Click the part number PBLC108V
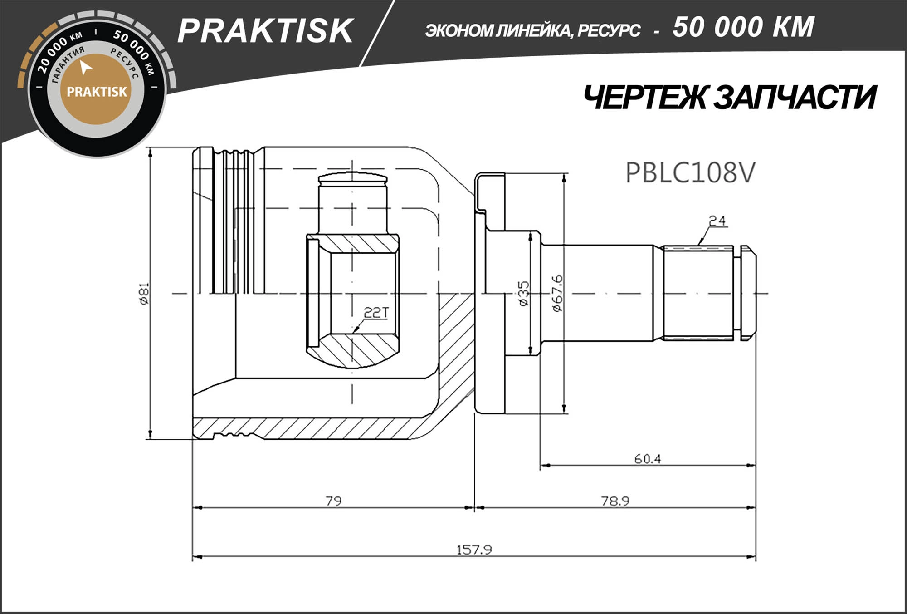pyautogui.click(x=690, y=173)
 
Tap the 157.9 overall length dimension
pyautogui.click(x=474, y=550)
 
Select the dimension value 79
pyautogui.click(x=334, y=501)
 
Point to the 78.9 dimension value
pyautogui.click(x=615, y=501)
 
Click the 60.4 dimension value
pyautogui.click(x=647, y=459)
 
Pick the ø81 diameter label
pyautogui.click(x=144, y=294)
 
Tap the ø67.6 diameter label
pyautogui.click(x=557, y=293)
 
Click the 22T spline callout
pyautogui.click(x=376, y=312)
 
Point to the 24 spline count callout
pyautogui.click(x=717, y=221)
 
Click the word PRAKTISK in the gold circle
pyautogui.click(x=97, y=92)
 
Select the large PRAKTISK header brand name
pyautogui.click(x=265, y=31)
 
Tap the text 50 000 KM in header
pyautogui.click(x=743, y=27)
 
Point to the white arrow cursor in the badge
pyautogui.click(x=85, y=68)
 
